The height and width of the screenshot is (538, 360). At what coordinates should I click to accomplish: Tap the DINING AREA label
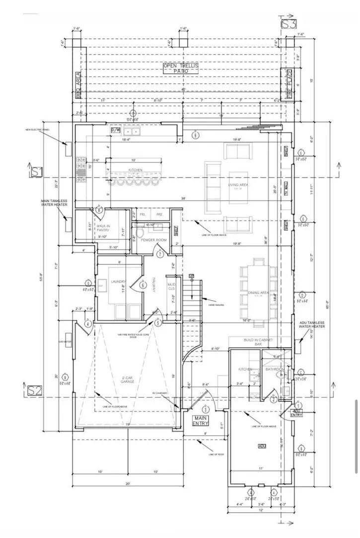[x=258, y=293]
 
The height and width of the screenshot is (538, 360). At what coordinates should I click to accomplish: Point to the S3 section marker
[x=289, y=24]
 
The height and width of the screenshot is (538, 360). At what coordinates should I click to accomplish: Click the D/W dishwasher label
[x=115, y=130]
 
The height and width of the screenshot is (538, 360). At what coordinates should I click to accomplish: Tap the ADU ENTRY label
[x=297, y=413]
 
